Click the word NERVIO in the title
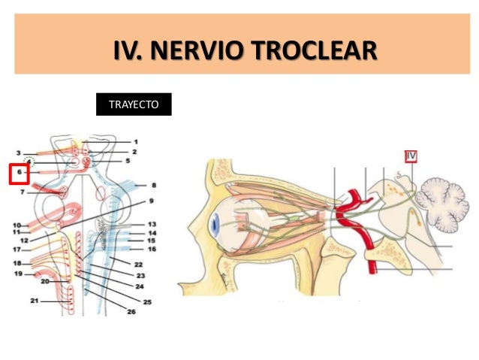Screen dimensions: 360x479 197,51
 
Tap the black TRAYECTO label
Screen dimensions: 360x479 134,105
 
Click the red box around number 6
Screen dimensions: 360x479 18,174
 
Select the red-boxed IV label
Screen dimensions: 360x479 410,156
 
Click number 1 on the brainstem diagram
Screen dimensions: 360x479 136,141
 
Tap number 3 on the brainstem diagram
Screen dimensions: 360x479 19,153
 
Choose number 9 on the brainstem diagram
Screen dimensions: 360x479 150,201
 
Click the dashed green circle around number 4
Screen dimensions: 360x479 29,161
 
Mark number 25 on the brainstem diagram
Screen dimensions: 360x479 147,301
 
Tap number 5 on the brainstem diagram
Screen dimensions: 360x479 128,160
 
